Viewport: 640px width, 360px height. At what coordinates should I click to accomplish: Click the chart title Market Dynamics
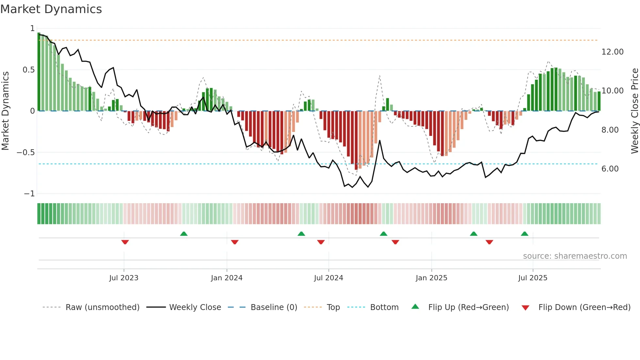[x=51, y=9]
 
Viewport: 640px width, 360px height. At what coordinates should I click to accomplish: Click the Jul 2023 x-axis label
[x=124, y=278]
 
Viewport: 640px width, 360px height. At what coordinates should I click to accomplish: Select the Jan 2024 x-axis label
[x=227, y=278]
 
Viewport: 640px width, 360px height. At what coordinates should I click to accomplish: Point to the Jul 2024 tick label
[x=328, y=278]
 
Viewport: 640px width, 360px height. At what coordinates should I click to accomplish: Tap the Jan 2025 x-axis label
[x=431, y=278]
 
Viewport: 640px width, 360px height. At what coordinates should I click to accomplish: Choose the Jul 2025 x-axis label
[x=533, y=278]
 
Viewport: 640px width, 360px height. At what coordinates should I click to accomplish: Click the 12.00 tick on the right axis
[x=612, y=52]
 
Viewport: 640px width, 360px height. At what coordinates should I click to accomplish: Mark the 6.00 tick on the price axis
[x=610, y=169]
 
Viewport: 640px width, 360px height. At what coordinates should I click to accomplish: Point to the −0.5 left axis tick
[x=25, y=153]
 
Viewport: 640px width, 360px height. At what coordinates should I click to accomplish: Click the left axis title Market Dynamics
[x=5, y=111]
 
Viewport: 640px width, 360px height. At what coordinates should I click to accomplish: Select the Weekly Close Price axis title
[x=634, y=111]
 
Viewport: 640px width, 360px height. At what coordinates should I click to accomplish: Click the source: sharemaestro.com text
[x=575, y=256]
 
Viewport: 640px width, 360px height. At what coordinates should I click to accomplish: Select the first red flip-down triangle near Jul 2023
[x=125, y=242]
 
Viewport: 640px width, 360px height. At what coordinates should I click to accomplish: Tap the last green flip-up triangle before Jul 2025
[x=524, y=234]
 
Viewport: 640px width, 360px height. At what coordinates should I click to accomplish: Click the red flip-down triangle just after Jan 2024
[x=235, y=242]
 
